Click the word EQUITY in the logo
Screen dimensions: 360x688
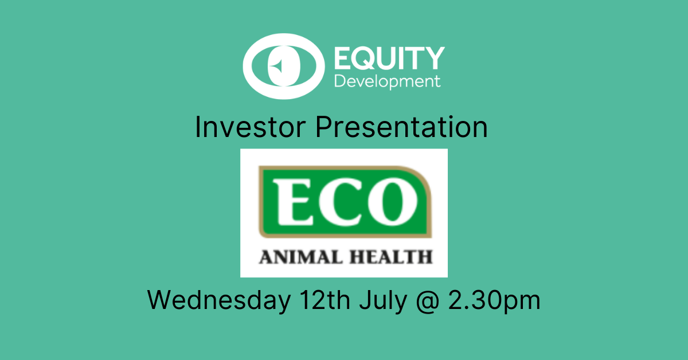[388, 58]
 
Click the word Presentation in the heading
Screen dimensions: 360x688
[402, 128]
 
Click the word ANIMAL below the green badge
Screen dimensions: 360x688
[295, 256]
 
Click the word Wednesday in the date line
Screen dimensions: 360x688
[218, 300]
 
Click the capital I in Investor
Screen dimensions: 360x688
[198, 128]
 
